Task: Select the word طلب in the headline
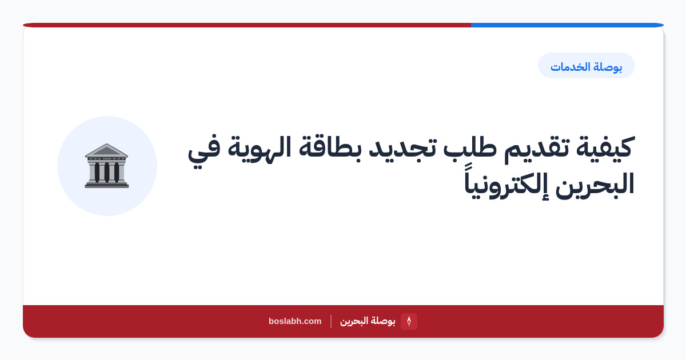[x=470, y=148]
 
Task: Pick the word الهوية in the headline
[x=260, y=148]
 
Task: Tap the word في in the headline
[x=204, y=150]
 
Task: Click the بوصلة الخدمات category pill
[x=586, y=66]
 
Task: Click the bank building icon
[x=106, y=166]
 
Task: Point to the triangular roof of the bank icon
[x=106, y=150]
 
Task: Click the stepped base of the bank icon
[x=106, y=185]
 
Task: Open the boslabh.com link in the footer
[x=295, y=321]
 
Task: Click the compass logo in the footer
[x=409, y=321]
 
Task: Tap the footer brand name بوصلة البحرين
[x=368, y=321]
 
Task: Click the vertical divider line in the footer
[x=331, y=321]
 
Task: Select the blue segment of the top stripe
[x=567, y=25]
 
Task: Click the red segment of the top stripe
[x=247, y=25]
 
